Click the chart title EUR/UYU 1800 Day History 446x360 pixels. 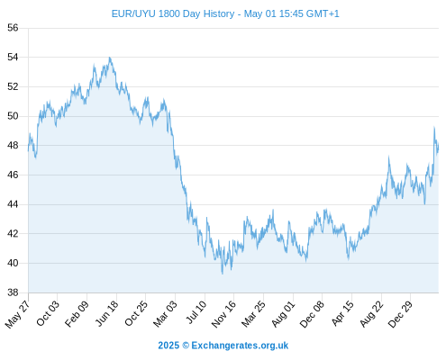(x=173, y=13)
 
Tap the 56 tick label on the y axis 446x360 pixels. (x=13, y=28)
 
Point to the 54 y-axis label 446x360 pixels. (x=13, y=57)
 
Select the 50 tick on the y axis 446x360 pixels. (x=13, y=116)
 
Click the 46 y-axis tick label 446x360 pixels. (x=13, y=175)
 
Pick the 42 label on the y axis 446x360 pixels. (x=13, y=233)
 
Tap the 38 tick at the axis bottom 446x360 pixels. (x=13, y=292)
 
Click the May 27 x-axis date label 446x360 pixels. (x=17, y=314)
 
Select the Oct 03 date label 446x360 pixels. (x=48, y=313)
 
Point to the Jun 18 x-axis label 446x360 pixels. (x=106, y=313)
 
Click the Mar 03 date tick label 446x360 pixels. (x=165, y=314)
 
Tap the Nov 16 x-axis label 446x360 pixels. (x=223, y=314)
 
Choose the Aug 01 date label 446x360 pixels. (x=283, y=314)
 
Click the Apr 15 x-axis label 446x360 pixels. (x=341, y=313)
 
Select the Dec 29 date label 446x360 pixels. (x=400, y=314)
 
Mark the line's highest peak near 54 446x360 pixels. (x=110, y=58)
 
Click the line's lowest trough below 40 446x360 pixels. (x=223, y=274)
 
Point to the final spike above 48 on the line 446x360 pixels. (x=434, y=127)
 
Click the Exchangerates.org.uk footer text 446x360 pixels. (x=240, y=346)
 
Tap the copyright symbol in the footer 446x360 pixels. (x=186, y=346)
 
